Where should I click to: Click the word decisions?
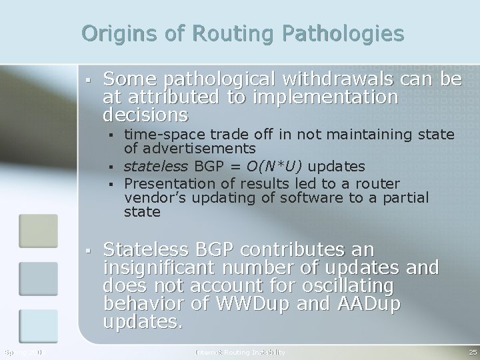point(145,115)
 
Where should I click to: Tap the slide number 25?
point(472,351)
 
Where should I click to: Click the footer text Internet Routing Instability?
point(240,351)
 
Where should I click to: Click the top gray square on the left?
point(33,229)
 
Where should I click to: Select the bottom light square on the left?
point(33,325)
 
